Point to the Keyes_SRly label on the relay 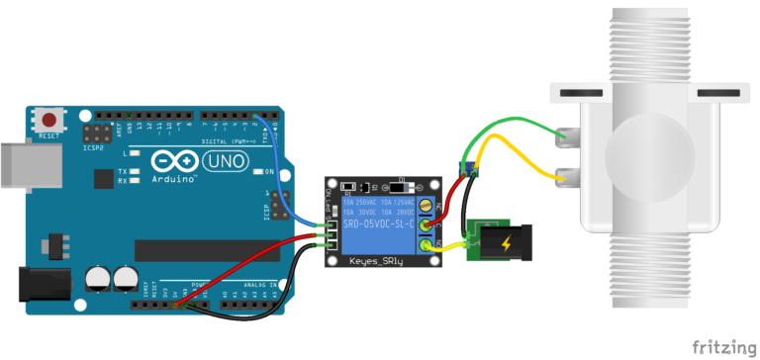click(x=379, y=261)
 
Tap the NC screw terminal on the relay click(x=426, y=206)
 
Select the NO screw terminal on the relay click(x=426, y=246)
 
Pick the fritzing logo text click(x=719, y=346)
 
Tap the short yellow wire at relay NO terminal click(x=450, y=246)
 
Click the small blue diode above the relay click(x=467, y=167)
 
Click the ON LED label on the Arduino click(x=268, y=171)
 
